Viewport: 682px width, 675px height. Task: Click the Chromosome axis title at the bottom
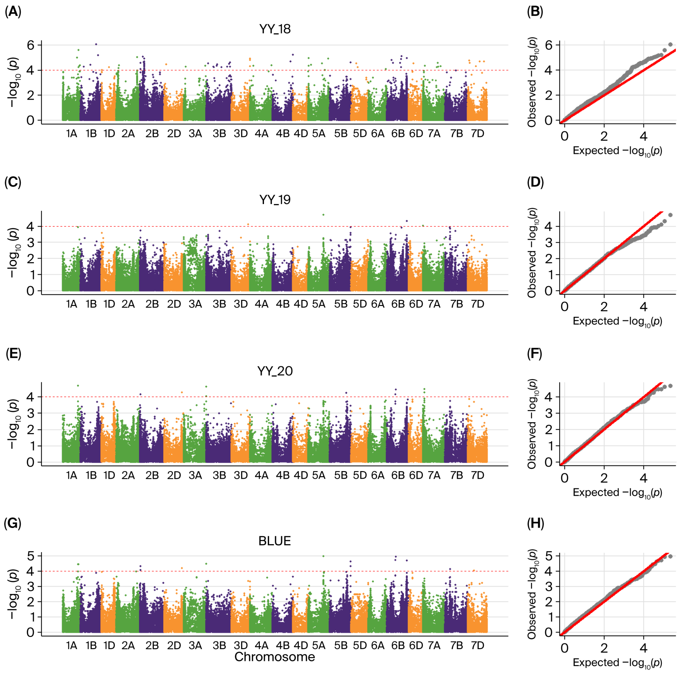click(x=275, y=657)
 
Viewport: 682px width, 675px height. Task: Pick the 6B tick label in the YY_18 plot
click(x=398, y=134)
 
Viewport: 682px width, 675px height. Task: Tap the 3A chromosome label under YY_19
click(x=195, y=304)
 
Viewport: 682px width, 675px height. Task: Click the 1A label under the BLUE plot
click(x=72, y=645)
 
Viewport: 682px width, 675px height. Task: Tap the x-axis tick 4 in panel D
click(x=644, y=307)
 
